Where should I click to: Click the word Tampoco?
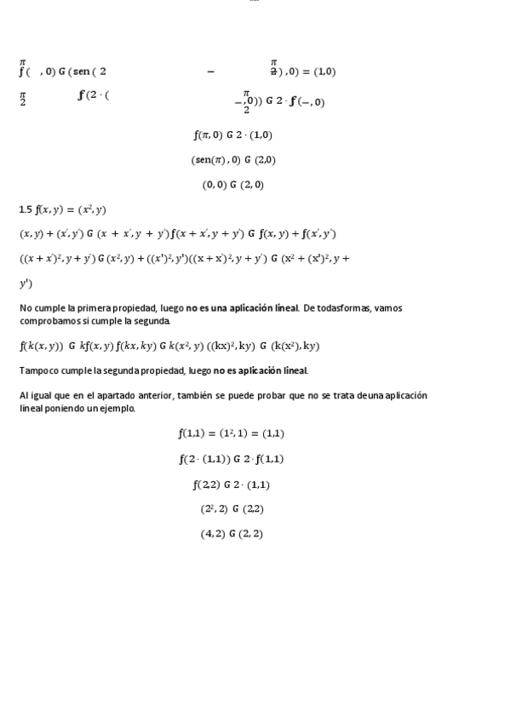tap(37, 370)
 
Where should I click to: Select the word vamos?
tap(387, 308)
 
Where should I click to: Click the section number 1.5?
tap(26, 209)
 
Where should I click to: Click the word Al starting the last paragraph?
tap(24, 396)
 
